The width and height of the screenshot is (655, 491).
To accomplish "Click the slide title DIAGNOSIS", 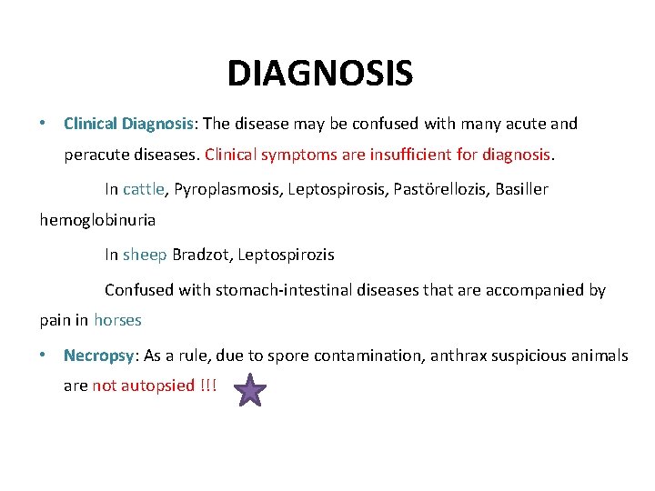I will click(x=319, y=73).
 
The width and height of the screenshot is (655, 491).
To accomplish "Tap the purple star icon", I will click(x=250, y=392).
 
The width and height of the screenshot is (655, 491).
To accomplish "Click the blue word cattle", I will click(x=144, y=189).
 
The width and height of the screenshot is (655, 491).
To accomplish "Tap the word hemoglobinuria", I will click(x=97, y=219).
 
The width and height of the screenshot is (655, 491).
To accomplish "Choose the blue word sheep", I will click(x=145, y=255).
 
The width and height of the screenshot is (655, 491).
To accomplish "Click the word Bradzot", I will click(x=201, y=255).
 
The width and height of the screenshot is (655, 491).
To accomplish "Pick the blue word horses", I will click(x=117, y=320).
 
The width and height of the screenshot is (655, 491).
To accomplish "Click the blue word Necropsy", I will click(x=97, y=356).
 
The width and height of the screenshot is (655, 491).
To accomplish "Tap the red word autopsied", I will click(x=157, y=386).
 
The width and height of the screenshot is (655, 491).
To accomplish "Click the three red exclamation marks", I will click(x=207, y=386).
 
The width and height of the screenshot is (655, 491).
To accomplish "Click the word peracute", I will click(x=96, y=155).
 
